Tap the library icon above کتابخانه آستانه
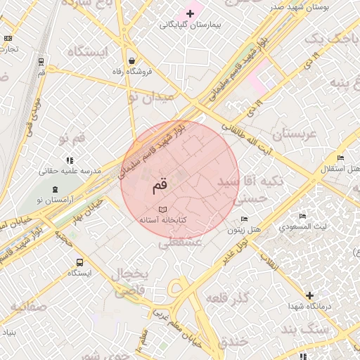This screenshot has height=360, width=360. coord(163,210)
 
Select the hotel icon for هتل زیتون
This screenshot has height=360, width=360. coord(244,219)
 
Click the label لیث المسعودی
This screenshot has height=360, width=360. coord(302,227)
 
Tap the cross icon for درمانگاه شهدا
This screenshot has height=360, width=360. coord(309,295)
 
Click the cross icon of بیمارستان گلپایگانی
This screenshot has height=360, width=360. coord(190,13)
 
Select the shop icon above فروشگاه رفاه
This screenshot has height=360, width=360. coord(131,60)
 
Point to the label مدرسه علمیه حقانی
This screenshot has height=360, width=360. coord(70,171)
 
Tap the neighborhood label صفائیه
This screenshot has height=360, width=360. coord(28,307)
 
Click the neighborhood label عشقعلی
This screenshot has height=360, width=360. coord(180,243)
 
